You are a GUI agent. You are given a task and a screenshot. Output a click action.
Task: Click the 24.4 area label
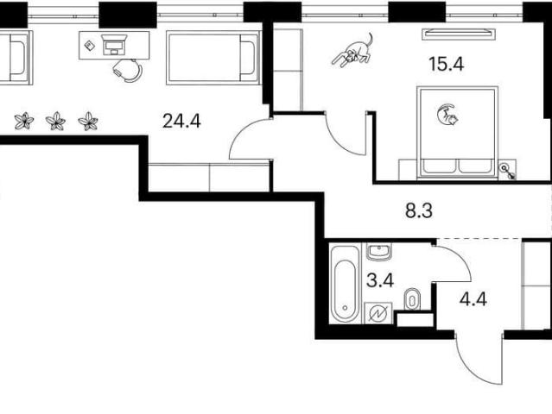click(x=181, y=122)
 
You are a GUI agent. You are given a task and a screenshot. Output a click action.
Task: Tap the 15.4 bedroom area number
click(x=447, y=64)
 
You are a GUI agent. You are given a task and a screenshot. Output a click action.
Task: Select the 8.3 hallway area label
click(x=419, y=211)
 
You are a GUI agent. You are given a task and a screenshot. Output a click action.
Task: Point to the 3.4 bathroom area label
click(x=380, y=280)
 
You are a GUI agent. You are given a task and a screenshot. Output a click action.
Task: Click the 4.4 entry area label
click(x=473, y=300)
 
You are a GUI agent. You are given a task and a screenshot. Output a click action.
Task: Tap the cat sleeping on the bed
click(x=447, y=115)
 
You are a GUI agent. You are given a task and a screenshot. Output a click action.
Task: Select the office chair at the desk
click(x=128, y=70)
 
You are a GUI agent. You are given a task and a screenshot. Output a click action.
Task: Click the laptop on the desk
click(x=114, y=45)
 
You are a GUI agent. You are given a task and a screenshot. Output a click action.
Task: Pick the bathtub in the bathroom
click(x=346, y=284)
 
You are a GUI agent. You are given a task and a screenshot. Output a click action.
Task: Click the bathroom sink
click(x=378, y=252)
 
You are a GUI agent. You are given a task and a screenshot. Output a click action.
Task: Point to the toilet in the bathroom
click(x=412, y=299)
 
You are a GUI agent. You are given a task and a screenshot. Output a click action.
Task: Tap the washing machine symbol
click(x=378, y=313)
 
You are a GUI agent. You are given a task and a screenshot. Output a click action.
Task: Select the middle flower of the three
click(x=55, y=122)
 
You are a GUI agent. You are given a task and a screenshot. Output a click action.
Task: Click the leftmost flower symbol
click(x=24, y=121)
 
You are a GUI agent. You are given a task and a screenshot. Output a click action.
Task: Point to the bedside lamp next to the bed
click(x=508, y=171)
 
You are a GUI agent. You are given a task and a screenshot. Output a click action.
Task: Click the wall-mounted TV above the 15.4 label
click(x=458, y=34)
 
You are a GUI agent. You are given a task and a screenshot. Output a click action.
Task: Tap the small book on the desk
click(x=90, y=45)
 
